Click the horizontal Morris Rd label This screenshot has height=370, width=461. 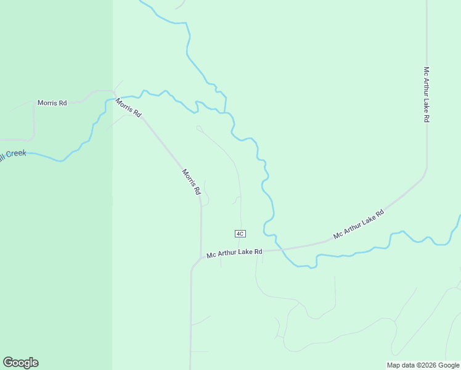click(52, 103)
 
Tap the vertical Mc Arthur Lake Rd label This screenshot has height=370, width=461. click(426, 94)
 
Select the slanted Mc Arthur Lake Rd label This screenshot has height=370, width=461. click(358, 224)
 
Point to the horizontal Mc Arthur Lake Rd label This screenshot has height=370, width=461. click(234, 253)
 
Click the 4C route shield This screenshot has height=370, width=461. click(240, 233)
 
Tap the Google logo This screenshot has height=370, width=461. click(20, 363)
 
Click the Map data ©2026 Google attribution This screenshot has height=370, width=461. click(422, 365)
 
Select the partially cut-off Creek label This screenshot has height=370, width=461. click(12, 154)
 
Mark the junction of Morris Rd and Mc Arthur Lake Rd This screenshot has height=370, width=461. click(202, 257)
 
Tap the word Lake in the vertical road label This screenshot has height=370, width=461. click(426, 102)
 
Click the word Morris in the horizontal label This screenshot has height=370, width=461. click(47, 103)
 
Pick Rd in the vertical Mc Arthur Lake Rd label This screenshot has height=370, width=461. click(426, 117)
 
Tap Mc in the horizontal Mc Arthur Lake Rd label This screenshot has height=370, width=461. click(211, 255)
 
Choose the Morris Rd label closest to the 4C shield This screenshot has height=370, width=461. click(191, 182)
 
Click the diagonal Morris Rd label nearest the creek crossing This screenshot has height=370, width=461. click(129, 107)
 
